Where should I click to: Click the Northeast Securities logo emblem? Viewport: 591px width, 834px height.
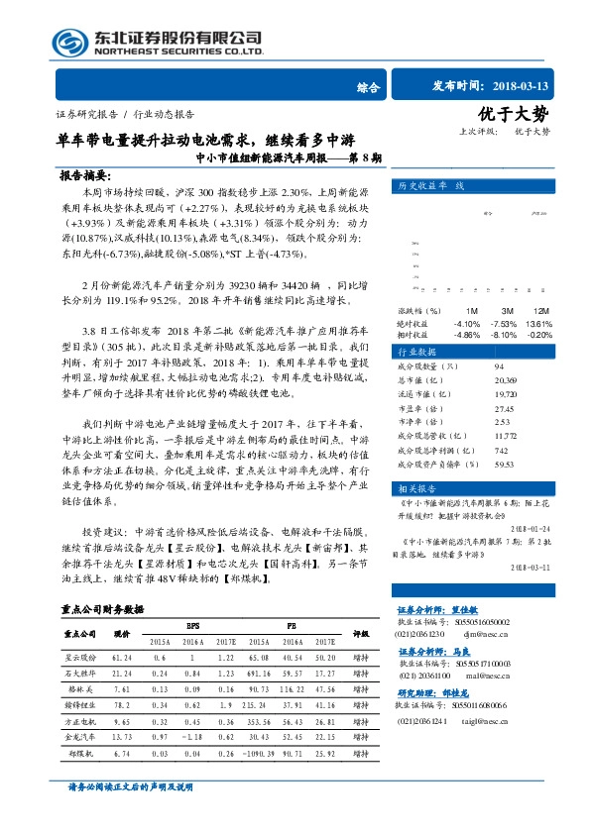coord(70,40)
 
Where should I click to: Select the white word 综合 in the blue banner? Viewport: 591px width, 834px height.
coord(368,87)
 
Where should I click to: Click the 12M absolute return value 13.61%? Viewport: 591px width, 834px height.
coord(538,322)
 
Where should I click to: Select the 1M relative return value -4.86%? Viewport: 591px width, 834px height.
coord(467,335)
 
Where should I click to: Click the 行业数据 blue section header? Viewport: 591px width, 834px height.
coord(416,352)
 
